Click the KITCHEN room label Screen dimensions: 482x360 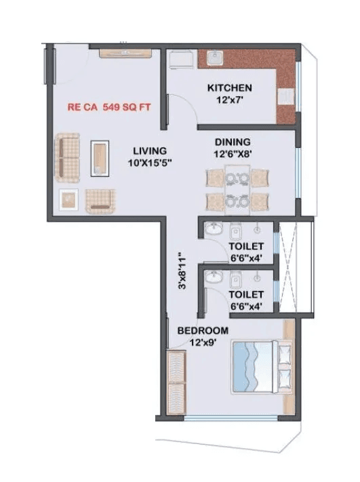(x=230, y=88)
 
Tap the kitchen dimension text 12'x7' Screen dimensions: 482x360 (x=230, y=101)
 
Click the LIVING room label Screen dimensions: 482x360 (x=150, y=150)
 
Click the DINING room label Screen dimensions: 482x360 (x=233, y=142)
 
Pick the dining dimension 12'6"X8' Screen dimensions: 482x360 (x=233, y=154)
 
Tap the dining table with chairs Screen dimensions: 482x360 (x=237, y=190)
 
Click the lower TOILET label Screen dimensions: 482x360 (x=245, y=295)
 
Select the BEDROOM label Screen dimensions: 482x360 (x=203, y=330)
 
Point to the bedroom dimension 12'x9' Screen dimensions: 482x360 (x=203, y=342)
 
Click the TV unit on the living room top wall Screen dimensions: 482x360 (x=124, y=52)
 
